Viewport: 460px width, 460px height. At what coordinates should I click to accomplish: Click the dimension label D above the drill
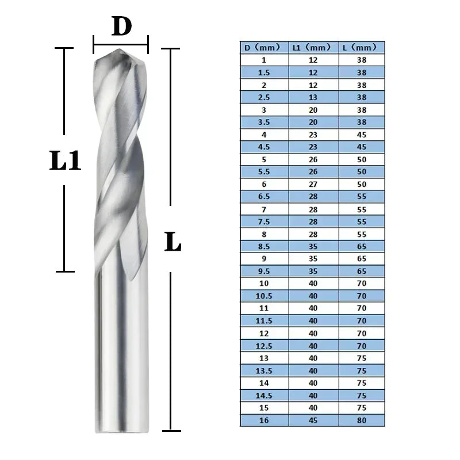tap(121, 26)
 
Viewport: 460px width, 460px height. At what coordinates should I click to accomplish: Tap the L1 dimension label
tap(65, 162)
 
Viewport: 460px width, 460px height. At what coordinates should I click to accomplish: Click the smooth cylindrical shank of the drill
tap(120, 356)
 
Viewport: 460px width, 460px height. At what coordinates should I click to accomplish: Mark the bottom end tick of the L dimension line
tap(171, 430)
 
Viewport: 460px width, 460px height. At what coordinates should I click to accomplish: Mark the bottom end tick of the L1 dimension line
tap(65, 271)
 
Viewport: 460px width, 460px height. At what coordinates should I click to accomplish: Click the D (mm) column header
tap(264, 47)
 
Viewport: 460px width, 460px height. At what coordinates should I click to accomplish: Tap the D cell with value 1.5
tap(264, 72)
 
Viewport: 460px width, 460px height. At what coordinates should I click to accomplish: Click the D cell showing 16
tap(264, 421)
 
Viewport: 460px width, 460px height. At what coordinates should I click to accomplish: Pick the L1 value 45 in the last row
tap(313, 421)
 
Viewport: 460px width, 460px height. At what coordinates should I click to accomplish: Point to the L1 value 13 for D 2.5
tap(313, 97)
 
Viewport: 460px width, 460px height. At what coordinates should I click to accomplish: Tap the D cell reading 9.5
tap(264, 271)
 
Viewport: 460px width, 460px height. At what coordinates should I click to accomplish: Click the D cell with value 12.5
tap(264, 346)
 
